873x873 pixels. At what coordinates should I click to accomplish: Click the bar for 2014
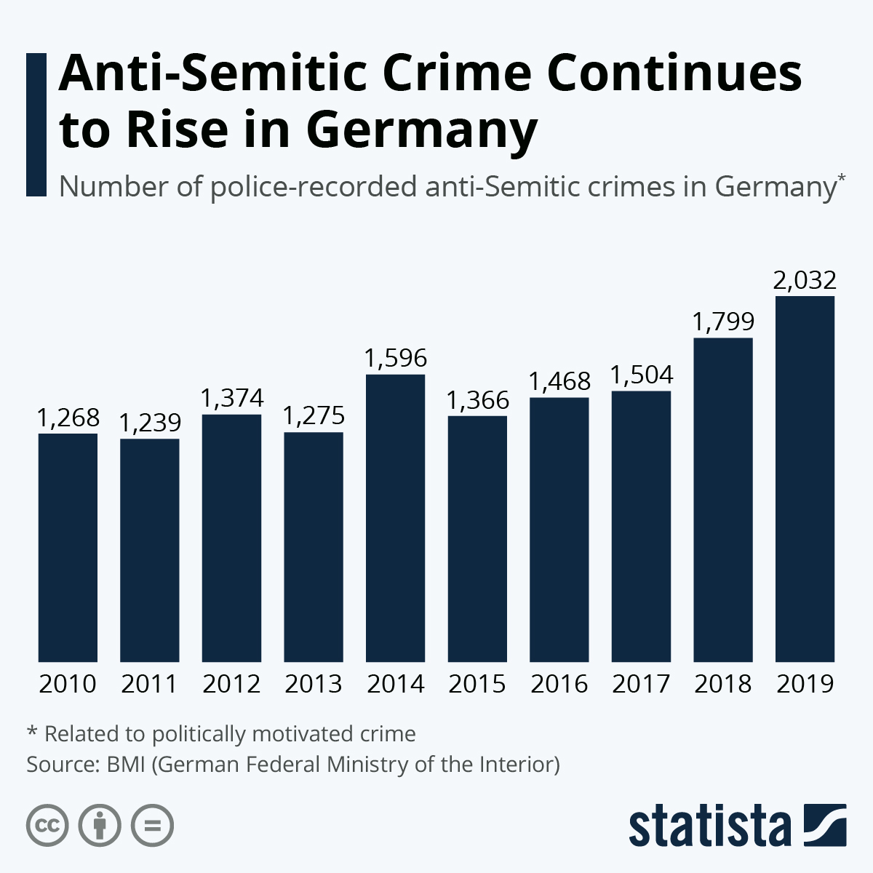395,518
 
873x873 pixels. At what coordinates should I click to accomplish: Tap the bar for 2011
149,550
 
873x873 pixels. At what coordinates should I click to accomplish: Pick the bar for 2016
559,530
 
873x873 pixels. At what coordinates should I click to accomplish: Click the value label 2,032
805,280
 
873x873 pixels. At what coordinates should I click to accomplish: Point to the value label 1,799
723,322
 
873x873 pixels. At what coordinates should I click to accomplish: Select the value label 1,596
395,358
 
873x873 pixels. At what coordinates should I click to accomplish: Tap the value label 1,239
149,423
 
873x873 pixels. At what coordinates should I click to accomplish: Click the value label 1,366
477,400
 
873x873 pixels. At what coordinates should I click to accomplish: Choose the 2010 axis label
68,685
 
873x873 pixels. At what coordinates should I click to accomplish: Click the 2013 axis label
314,685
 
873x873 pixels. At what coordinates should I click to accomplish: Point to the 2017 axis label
641,685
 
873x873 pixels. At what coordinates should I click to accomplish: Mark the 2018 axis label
723,685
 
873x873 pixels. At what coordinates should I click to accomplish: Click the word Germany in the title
421,131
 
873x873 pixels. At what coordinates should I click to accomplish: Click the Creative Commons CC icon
47,826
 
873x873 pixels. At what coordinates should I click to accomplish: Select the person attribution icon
100,826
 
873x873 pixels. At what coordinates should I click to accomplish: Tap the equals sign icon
152,826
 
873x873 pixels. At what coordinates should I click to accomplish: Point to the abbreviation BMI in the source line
126,765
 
